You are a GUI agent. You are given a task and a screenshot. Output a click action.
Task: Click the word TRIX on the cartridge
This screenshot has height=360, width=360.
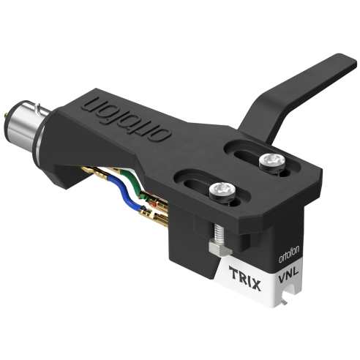point(245,278)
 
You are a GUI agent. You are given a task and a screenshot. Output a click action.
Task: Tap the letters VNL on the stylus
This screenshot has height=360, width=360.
point(288,274)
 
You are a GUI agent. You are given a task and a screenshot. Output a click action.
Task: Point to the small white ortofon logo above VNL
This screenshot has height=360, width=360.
point(289,255)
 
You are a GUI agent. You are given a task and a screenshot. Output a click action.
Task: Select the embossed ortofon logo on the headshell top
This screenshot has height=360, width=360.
point(126,119)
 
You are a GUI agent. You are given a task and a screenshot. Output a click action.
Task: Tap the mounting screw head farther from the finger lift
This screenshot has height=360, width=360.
point(222,190)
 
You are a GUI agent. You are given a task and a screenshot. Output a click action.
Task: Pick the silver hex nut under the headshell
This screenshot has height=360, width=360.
point(220,247)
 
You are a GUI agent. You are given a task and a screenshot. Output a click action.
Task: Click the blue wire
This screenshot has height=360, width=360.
point(126,192)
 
